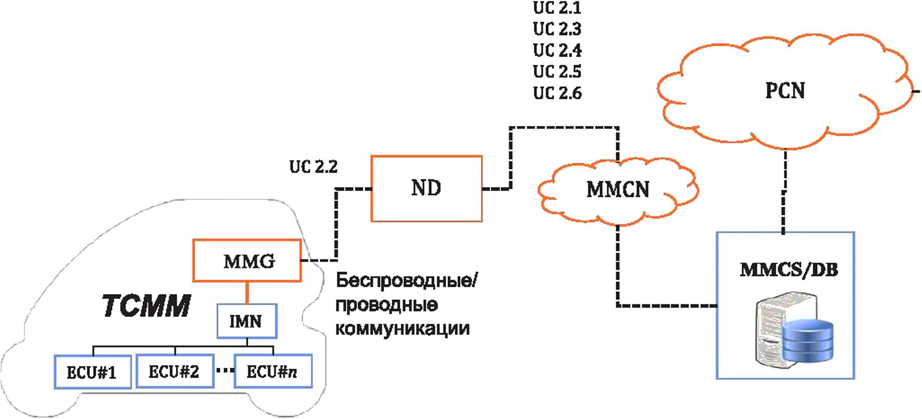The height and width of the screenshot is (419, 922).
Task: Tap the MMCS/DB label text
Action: click(789, 270)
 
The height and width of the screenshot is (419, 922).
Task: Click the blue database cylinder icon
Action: click(808, 340)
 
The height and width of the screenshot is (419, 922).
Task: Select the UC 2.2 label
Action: click(313, 167)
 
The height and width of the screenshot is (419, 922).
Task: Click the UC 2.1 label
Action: click(557, 8)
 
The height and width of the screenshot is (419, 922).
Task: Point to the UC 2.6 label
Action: click(557, 93)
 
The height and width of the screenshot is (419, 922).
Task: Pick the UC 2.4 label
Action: click(557, 50)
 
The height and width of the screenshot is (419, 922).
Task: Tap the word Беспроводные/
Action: click(406, 281)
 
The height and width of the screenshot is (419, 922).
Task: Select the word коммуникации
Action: click(403, 329)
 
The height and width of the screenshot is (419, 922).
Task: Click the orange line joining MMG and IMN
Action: click(247, 293)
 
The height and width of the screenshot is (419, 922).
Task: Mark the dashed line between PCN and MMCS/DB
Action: click(785, 192)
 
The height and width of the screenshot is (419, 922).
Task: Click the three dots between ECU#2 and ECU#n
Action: click(225, 370)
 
